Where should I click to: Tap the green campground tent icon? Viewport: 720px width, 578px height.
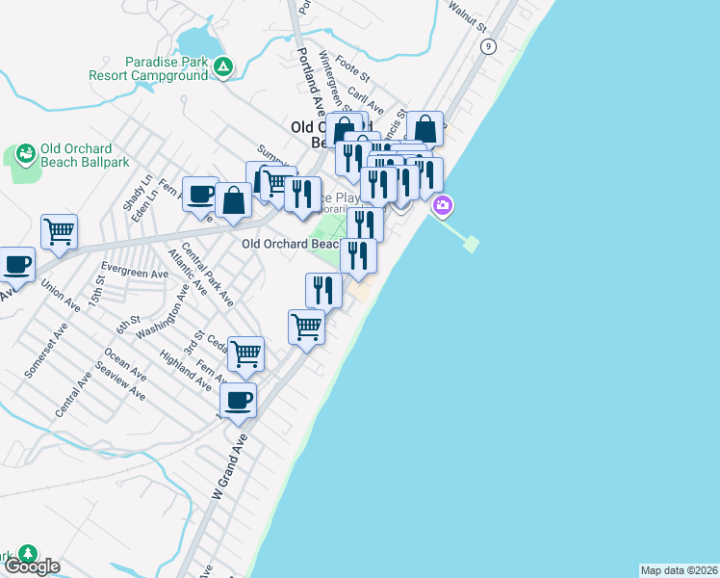point(223,66)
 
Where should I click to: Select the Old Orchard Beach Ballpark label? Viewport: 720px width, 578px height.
point(77,155)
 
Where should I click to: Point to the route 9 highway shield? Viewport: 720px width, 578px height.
point(489,46)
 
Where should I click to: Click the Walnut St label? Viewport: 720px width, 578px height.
point(488,20)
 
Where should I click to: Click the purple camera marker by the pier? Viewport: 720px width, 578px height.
point(443,205)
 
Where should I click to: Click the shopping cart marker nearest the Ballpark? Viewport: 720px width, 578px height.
point(60,231)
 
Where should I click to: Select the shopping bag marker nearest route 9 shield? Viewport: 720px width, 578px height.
point(424,128)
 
